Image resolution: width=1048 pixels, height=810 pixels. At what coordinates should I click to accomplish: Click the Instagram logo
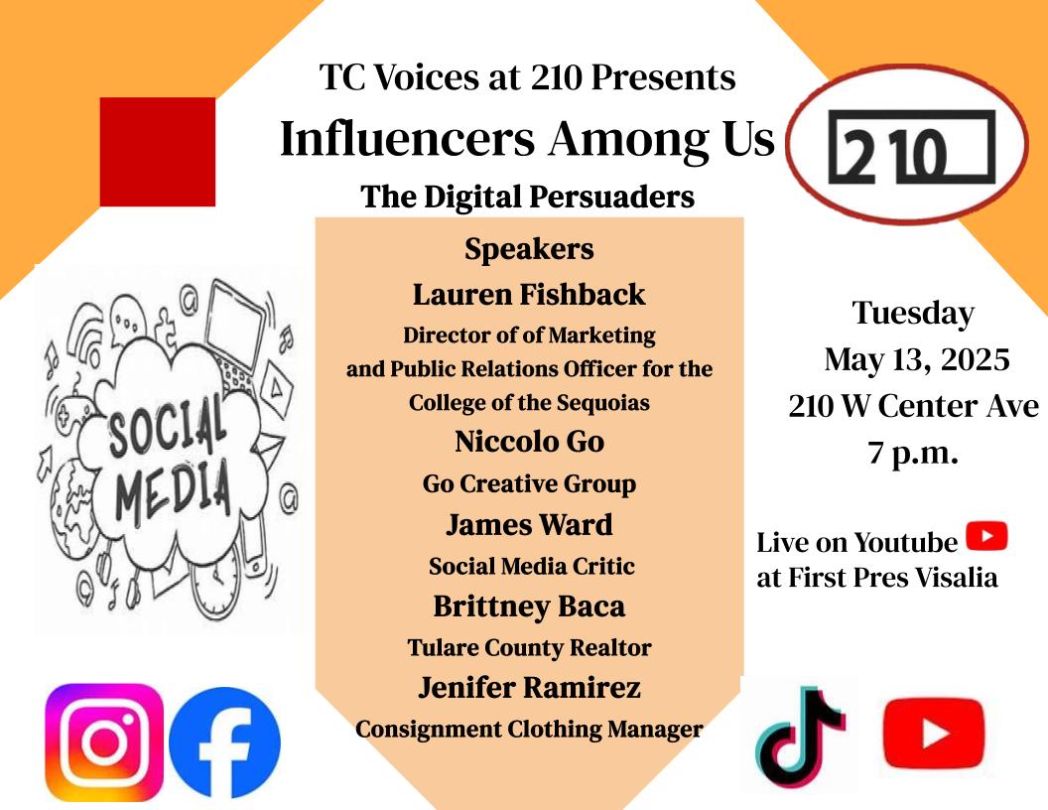point(104,742)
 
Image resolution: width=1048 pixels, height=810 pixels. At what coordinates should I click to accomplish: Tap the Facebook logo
point(224,742)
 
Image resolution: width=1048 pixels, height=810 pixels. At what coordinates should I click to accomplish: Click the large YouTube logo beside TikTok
point(934,734)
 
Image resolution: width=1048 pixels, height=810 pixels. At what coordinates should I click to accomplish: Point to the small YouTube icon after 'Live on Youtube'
point(986,536)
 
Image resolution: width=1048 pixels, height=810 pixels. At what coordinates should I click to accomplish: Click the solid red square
point(158,152)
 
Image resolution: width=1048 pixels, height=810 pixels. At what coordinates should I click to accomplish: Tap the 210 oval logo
point(907,144)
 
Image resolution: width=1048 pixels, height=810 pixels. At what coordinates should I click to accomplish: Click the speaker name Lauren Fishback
point(529,295)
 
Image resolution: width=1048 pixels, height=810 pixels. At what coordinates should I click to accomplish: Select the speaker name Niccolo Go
point(529,441)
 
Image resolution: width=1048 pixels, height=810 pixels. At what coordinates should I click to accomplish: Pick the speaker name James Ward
point(529,525)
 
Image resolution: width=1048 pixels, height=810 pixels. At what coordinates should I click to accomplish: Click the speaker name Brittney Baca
point(529,607)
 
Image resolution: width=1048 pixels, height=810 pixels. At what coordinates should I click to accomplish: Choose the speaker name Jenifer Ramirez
point(529,687)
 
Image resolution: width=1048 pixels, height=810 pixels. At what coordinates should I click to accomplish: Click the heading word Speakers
point(529,249)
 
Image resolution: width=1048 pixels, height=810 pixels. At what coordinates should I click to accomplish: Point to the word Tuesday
point(913,314)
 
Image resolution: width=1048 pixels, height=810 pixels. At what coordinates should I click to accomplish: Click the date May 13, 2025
point(916,359)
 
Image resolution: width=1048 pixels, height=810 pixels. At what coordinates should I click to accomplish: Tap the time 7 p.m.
point(913,453)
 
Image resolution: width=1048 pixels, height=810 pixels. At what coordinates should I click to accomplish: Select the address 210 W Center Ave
point(914,406)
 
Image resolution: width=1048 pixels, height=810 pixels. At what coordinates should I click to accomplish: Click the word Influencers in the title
point(408,138)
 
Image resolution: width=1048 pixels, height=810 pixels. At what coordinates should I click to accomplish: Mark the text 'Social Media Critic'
point(531,566)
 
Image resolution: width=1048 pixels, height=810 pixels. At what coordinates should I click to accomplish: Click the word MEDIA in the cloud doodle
point(173,490)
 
